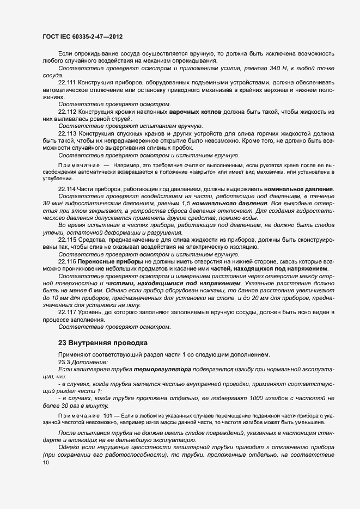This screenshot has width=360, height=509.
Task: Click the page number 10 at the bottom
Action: (x=46, y=463)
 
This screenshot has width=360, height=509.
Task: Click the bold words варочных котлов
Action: (x=195, y=112)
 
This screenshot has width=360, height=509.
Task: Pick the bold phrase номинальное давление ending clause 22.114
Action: (x=298, y=189)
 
